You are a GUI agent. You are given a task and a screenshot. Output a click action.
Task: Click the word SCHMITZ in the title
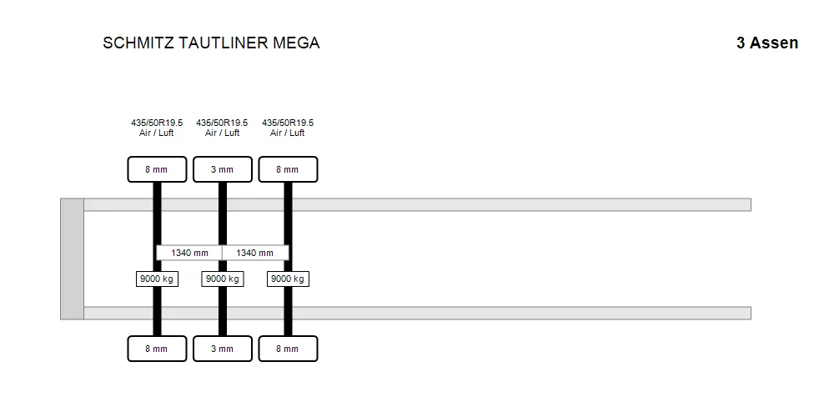(138, 43)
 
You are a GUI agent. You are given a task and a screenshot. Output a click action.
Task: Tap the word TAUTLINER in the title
(224, 43)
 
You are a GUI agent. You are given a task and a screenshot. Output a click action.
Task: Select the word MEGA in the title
(296, 43)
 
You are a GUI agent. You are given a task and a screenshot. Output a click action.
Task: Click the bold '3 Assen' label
(767, 43)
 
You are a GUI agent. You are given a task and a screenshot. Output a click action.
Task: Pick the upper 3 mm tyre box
(223, 169)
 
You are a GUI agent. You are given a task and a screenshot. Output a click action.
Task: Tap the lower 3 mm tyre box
(223, 349)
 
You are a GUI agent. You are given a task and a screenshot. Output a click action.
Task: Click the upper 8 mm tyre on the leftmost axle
(157, 169)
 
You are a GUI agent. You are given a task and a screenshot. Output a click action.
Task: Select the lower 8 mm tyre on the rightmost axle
(288, 349)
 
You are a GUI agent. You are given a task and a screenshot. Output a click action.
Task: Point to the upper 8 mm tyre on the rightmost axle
(288, 169)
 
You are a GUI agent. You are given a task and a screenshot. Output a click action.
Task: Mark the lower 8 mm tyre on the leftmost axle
(157, 349)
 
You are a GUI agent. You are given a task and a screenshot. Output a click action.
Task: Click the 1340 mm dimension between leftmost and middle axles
(189, 253)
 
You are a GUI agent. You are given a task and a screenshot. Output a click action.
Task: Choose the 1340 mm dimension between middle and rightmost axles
(255, 253)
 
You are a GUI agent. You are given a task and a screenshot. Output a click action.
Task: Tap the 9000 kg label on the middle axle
(223, 279)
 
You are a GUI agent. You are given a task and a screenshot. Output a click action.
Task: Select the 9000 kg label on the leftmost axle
(157, 279)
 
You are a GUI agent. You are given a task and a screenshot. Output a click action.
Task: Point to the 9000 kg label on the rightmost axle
(288, 279)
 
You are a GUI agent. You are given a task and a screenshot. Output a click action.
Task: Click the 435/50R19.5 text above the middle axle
(222, 123)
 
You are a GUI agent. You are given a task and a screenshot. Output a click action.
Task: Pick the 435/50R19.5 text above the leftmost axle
(157, 123)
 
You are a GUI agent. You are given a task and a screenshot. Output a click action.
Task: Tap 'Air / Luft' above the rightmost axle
(287, 133)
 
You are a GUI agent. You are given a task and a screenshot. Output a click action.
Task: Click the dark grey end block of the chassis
(72, 259)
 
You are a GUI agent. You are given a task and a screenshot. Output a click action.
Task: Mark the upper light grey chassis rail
(417, 205)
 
